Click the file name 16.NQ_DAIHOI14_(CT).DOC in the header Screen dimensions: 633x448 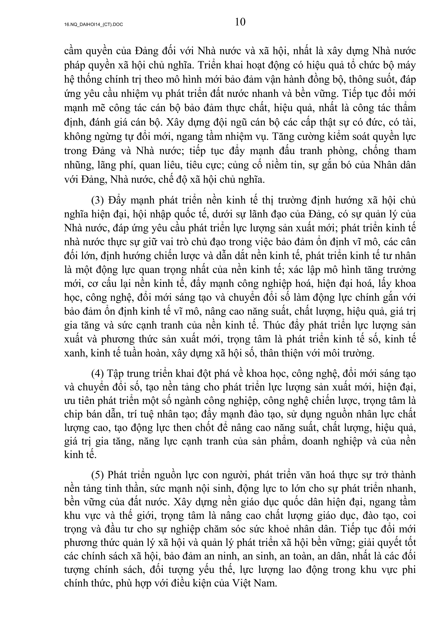pyautogui.click(x=93, y=25)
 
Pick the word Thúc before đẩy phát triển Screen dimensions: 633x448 pyautogui.click(x=273, y=325)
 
